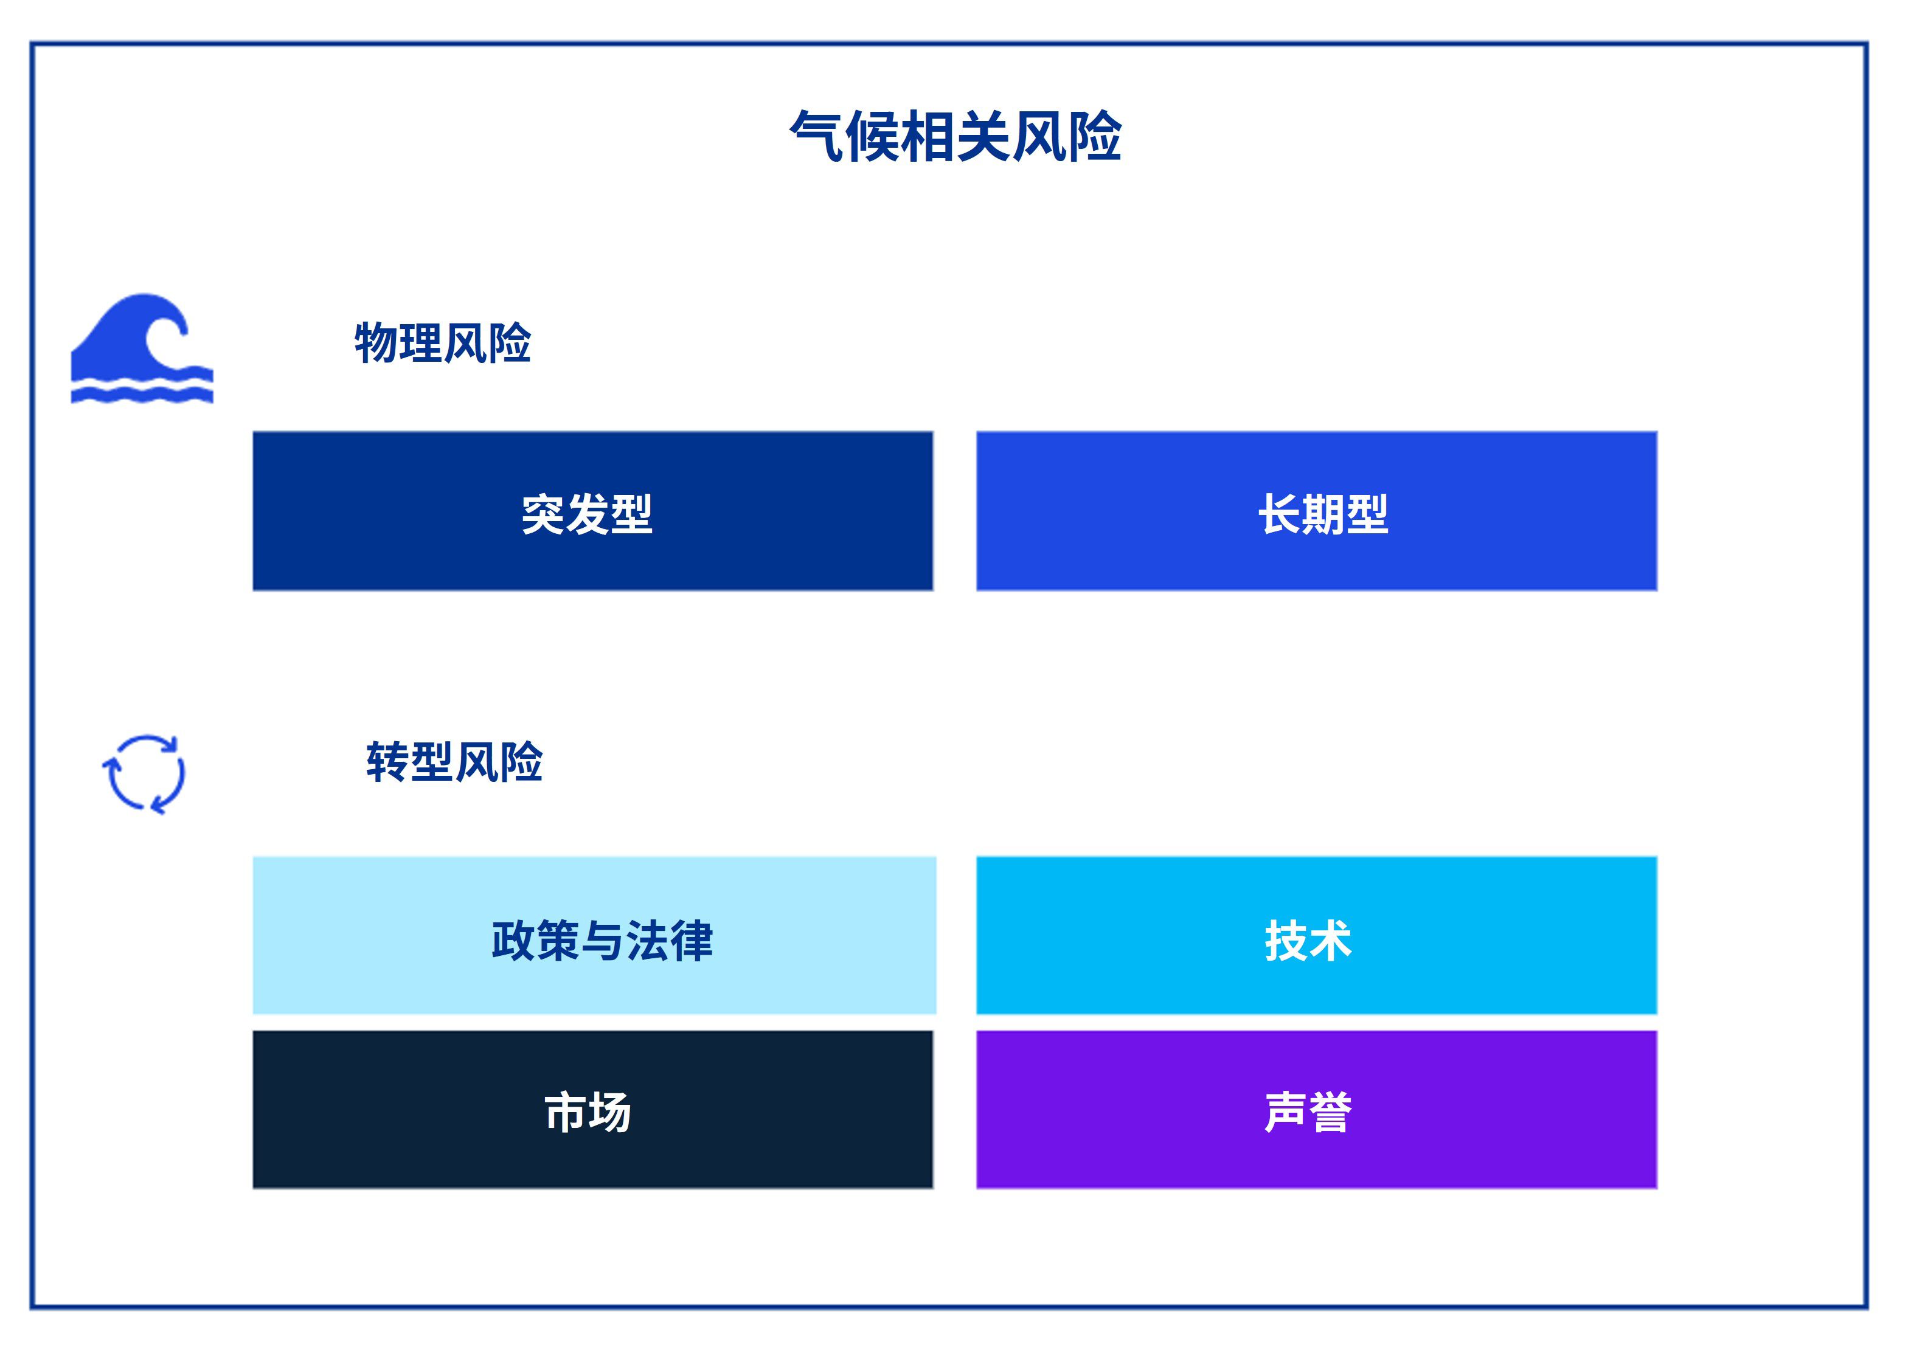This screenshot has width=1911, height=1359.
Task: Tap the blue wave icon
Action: click(x=142, y=348)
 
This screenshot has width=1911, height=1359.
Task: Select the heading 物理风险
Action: click(x=443, y=342)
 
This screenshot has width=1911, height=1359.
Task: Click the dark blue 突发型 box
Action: click(x=592, y=511)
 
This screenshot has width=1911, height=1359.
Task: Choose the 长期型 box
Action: click(x=1317, y=511)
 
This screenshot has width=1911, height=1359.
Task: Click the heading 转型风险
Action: click(x=454, y=761)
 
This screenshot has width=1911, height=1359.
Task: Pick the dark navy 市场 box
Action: click(x=592, y=1109)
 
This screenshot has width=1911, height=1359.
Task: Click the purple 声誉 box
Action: click(x=1317, y=1109)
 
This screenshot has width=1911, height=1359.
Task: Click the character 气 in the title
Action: click(x=816, y=136)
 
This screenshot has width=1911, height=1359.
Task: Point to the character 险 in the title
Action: click(x=1095, y=136)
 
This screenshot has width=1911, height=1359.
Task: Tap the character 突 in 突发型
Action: click(x=543, y=514)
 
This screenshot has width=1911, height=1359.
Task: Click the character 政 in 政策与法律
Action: click(x=513, y=941)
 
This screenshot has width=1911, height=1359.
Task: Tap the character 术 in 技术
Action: click(x=1330, y=941)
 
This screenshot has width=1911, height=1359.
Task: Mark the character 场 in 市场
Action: click(x=609, y=1112)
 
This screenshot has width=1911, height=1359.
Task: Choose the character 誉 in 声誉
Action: click(x=1330, y=1112)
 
